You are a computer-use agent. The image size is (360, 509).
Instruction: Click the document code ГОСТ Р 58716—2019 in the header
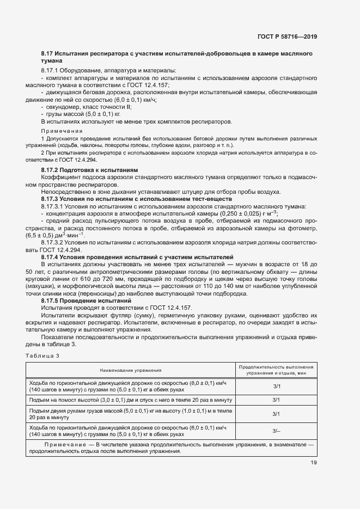click(x=286, y=38)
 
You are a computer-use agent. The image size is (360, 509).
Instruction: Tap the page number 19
click(x=313, y=463)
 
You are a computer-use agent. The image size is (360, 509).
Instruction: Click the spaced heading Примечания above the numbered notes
click(x=62, y=131)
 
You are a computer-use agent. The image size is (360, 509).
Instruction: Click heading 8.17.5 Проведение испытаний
click(x=86, y=301)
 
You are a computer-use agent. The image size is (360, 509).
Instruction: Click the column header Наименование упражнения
click(x=130, y=370)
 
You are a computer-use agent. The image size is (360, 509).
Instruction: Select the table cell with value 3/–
click(x=276, y=431)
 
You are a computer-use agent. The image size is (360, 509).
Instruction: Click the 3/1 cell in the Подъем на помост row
click(x=276, y=400)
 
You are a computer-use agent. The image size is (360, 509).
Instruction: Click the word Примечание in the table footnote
click(x=63, y=445)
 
